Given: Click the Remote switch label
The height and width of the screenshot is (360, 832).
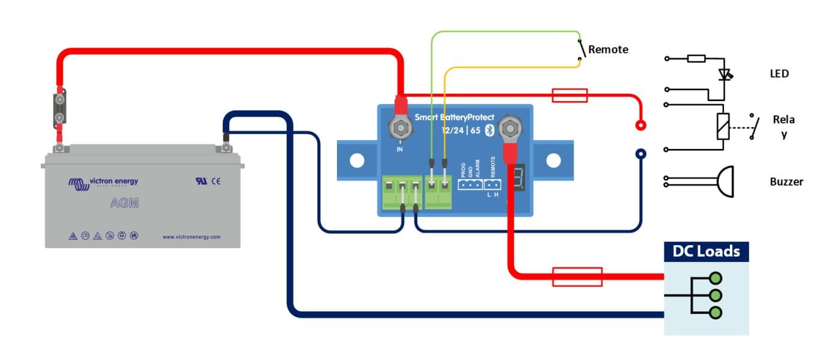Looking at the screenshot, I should (x=608, y=49).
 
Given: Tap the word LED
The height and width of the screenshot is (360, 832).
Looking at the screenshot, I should (x=779, y=74).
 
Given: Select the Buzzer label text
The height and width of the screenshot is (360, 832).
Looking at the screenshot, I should (x=786, y=182).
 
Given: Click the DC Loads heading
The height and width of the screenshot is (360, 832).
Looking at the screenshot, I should (x=706, y=251).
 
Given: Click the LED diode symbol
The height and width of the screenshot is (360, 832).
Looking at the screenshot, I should (x=725, y=75).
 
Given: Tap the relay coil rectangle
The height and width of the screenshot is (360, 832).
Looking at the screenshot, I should (x=723, y=126).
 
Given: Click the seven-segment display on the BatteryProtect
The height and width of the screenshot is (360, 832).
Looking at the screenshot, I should (x=520, y=178).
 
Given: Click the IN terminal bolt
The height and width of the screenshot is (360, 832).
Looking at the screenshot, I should (x=399, y=127).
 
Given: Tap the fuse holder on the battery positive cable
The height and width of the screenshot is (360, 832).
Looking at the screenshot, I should (x=60, y=108).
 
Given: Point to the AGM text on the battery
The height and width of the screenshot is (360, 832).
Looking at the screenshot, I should (x=124, y=203).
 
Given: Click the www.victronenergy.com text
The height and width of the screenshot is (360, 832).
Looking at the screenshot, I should (x=191, y=237).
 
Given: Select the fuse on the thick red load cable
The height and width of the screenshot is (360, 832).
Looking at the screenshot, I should (x=577, y=276).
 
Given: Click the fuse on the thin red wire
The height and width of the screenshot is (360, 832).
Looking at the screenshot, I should (x=569, y=95).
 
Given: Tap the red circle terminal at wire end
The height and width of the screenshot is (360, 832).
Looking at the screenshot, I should (x=641, y=126).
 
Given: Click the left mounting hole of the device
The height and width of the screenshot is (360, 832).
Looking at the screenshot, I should (x=357, y=160).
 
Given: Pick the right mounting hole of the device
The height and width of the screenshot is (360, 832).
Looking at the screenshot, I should (x=553, y=160).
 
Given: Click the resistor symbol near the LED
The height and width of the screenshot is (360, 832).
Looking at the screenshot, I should (x=696, y=59).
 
